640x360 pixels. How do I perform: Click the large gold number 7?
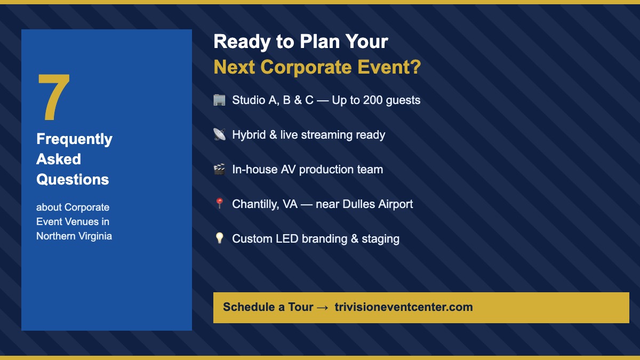[x=54, y=97]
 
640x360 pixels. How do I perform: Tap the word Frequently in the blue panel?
[x=74, y=139]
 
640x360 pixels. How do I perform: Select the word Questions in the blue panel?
[x=73, y=180]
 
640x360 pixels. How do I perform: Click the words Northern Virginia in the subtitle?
[x=74, y=236]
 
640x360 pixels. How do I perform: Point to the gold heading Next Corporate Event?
[x=317, y=68]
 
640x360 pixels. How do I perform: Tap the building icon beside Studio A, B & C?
[x=219, y=100]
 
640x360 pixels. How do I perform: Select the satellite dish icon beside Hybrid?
[x=219, y=135]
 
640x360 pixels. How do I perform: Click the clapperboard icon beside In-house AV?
[x=219, y=170]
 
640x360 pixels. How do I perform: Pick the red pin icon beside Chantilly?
[x=219, y=204]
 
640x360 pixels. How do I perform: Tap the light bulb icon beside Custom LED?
[x=219, y=238]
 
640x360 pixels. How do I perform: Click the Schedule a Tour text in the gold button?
[x=268, y=307]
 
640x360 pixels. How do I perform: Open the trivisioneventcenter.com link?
[x=403, y=307]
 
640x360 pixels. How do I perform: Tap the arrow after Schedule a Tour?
[x=322, y=308]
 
